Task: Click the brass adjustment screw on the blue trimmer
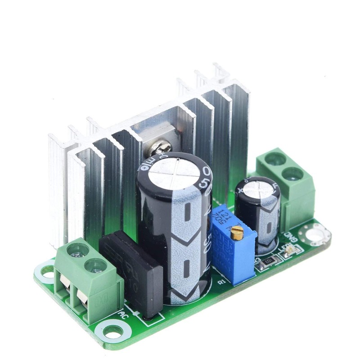237,232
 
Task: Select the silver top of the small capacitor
258,188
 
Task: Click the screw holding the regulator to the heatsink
162,147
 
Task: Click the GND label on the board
290,236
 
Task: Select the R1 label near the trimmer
221,282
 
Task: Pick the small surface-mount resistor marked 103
269,262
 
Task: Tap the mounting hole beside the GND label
317,234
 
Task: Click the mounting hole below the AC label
112,333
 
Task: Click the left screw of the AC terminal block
77,250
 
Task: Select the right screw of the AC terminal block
95,265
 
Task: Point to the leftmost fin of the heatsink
57,189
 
